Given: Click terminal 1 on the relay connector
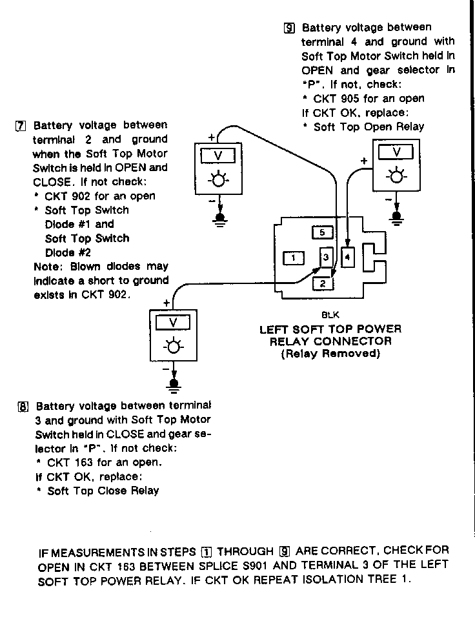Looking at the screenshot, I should point(293,258).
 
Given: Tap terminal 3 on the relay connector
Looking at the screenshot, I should point(327,257).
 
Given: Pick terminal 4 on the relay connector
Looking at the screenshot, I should point(347,257).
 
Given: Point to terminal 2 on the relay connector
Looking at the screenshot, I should point(323,282).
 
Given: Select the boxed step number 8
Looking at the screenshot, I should point(23,407).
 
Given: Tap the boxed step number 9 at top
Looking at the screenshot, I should point(289,28).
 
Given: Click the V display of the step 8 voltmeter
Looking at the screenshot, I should point(172,322).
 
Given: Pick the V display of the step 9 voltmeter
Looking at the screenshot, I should point(396,152).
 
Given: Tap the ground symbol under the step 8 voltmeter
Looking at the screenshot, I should point(173,385).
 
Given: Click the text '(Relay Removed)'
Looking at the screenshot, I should point(330,354).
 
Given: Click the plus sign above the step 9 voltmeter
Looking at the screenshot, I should point(364,160).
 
